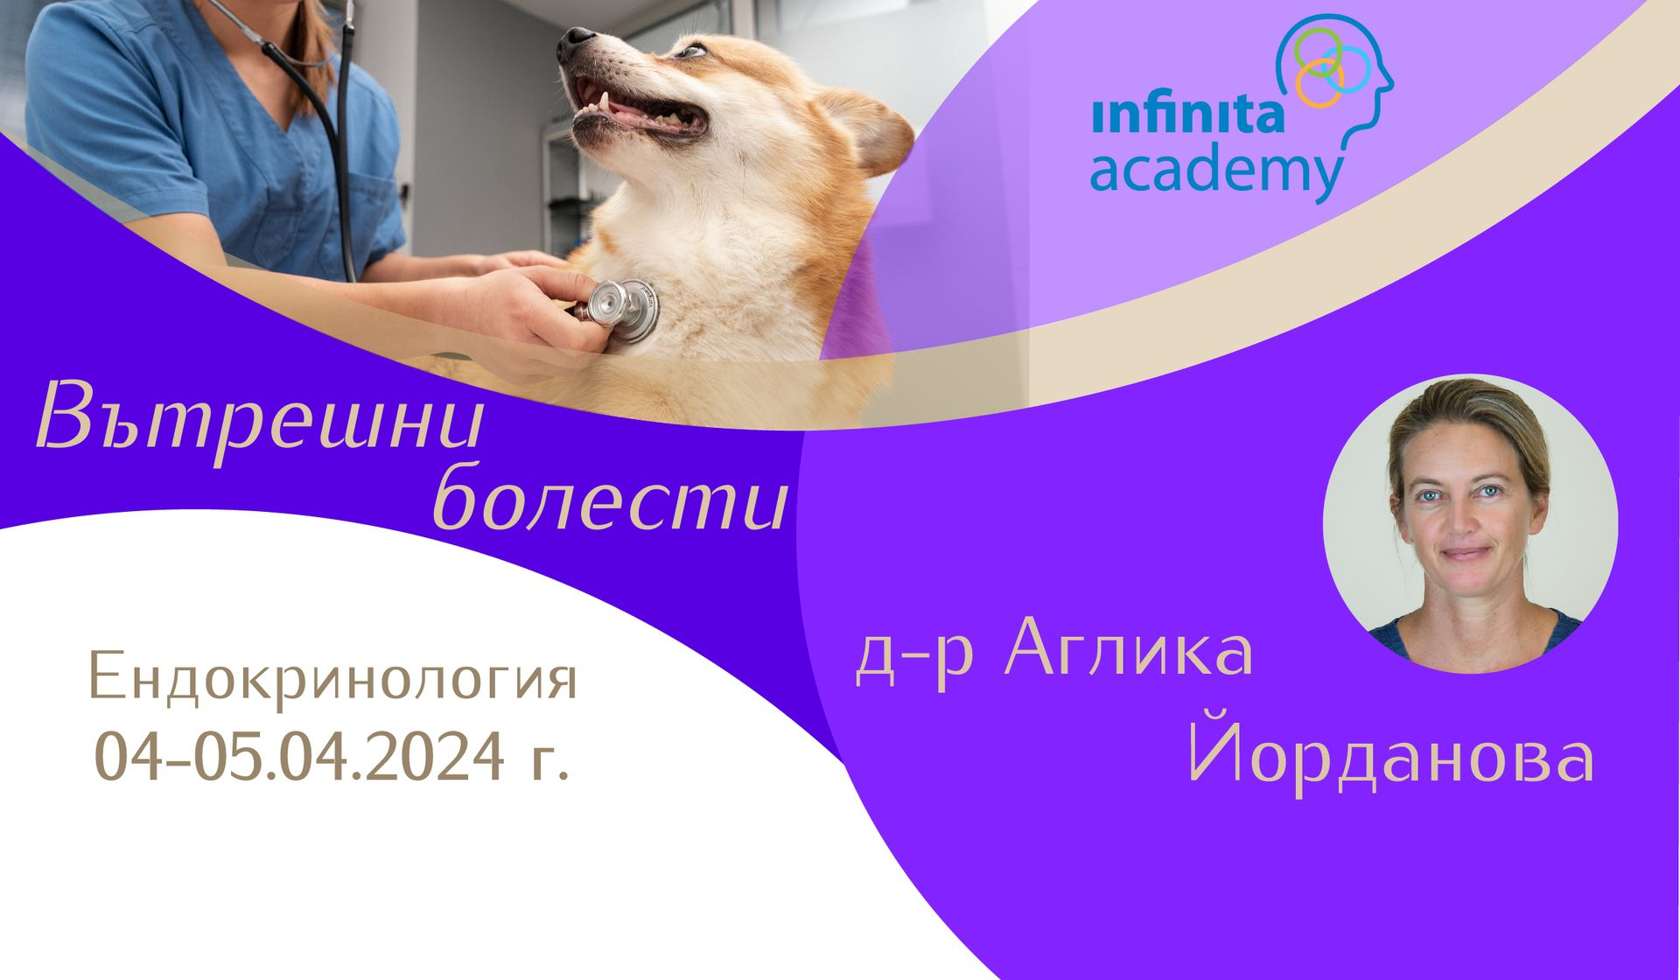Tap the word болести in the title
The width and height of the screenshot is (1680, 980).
coord(611,499)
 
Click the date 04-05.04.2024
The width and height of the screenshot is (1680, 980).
coord(299,756)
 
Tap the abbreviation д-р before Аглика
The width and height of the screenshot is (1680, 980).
coord(913,658)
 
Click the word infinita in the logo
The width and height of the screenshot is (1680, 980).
coord(1187,115)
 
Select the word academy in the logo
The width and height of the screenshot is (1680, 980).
coord(1216,172)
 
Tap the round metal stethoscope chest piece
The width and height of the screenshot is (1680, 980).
coord(622,311)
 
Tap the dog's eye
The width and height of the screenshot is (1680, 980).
coord(692,50)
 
